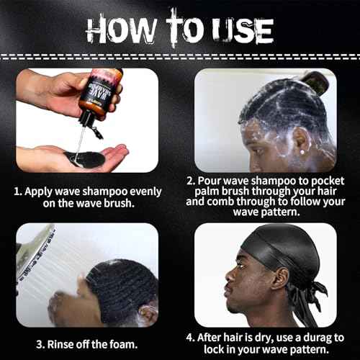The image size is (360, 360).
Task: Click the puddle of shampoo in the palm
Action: click(x=84, y=158)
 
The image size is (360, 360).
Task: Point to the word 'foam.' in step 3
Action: click(x=124, y=344)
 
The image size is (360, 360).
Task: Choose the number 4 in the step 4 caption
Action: click(x=189, y=338)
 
